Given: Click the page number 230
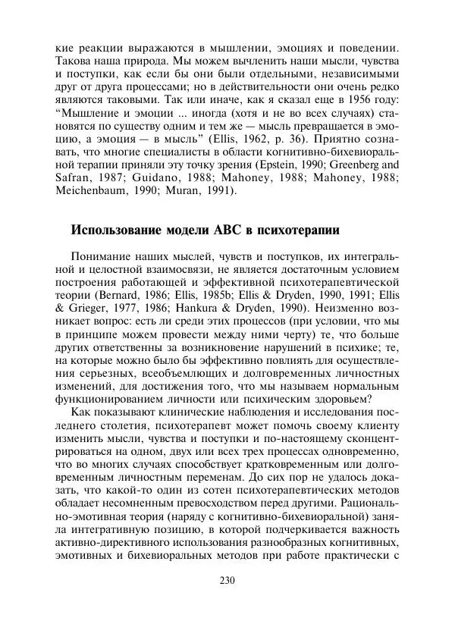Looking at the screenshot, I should (227, 580).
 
